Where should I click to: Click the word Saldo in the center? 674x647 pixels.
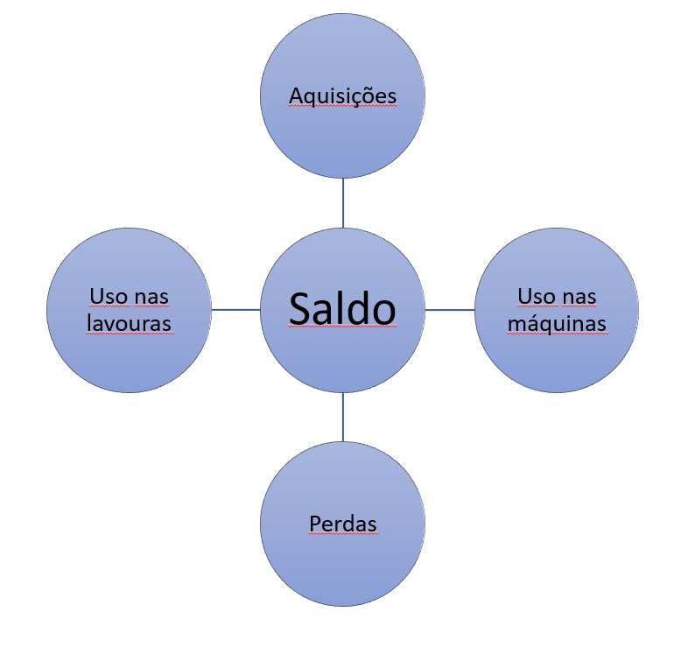coord(342,308)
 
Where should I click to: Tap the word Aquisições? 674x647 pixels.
coord(342,95)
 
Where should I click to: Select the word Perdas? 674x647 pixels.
coord(342,524)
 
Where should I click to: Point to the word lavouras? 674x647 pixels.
coord(129,323)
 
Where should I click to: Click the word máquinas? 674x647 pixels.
coord(557,324)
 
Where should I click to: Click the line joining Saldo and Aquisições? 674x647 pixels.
coord(342,203)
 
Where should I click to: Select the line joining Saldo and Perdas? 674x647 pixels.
coord(342,417)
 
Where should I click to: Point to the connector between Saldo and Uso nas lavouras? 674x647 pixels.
coord(235,310)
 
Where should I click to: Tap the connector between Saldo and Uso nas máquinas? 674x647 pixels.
coord(450,310)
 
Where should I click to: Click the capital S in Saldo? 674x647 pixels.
coord(299,309)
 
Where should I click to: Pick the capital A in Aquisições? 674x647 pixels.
coord(295,95)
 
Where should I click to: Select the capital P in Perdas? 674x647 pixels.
coord(315,524)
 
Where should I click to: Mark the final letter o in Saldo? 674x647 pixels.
coord(385,313)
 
